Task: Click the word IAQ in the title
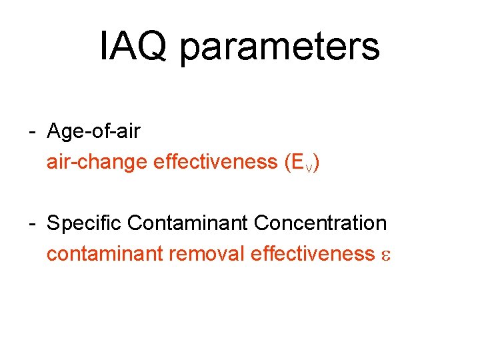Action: [x=134, y=46]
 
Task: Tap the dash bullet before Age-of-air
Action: [x=32, y=132]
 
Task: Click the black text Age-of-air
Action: [x=93, y=131]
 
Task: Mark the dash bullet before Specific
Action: [x=32, y=223]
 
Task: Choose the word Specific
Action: [x=85, y=223]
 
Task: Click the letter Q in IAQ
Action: [x=154, y=47]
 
